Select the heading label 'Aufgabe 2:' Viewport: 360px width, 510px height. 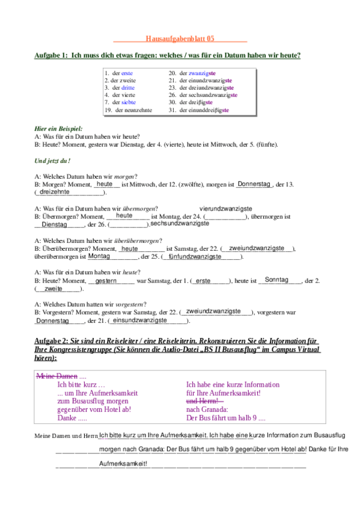coord(52,341)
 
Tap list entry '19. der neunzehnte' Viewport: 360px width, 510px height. coord(128,110)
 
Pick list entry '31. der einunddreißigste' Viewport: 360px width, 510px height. coord(199,110)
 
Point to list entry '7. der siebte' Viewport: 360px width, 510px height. coord(124,102)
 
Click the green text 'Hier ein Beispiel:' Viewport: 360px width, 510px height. coord(58,129)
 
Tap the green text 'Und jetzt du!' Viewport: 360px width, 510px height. coord(52,160)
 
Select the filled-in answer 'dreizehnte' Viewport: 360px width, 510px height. coord(55,192)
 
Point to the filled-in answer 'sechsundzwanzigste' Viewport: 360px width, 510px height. coord(180,224)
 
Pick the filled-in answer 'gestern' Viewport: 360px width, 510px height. coord(106,280)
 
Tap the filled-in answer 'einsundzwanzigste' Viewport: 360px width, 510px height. coord(140,321)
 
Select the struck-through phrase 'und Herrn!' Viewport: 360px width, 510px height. coord(205,401)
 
